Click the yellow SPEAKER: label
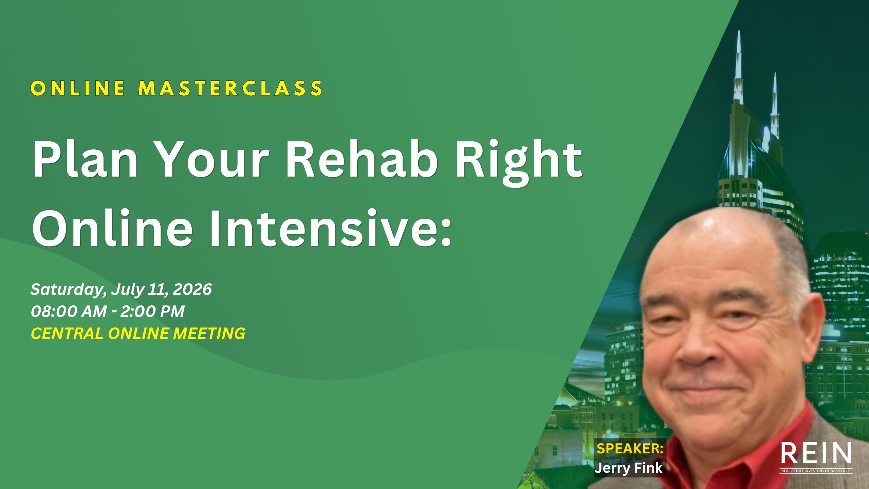pyautogui.click(x=630, y=449)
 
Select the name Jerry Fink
pyautogui.click(x=628, y=468)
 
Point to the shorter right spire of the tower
pyautogui.click(x=775, y=102)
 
